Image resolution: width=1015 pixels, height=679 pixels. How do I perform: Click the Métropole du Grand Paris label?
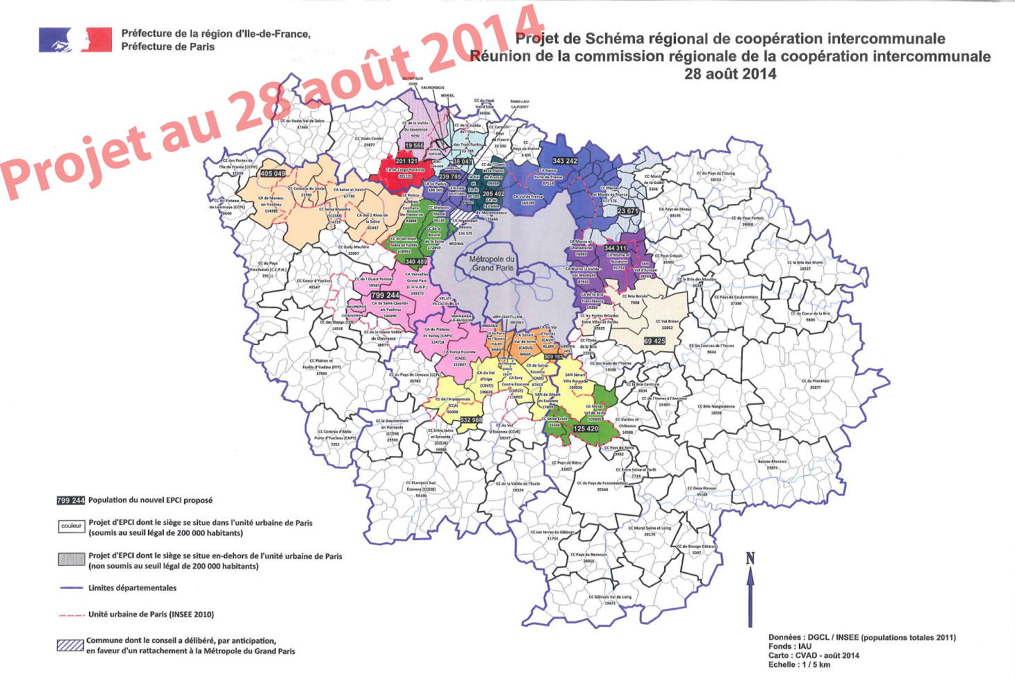click(492, 263)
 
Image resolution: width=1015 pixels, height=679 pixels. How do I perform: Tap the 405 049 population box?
click(272, 174)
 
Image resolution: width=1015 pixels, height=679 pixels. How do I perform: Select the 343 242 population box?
click(564, 161)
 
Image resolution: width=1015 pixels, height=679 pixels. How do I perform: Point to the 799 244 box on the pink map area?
click(385, 295)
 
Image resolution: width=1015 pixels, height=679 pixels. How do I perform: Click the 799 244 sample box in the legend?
click(71, 501)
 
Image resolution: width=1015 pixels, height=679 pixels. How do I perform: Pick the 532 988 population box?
click(471, 420)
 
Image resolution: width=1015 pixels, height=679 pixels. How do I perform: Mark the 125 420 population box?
click(586, 428)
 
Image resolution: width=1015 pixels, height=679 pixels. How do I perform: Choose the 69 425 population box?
click(654, 341)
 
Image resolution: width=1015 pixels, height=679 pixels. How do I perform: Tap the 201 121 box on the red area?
click(406, 161)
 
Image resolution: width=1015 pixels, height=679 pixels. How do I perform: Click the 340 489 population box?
click(415, 262)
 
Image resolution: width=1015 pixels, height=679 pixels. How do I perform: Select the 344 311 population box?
click(615, 248)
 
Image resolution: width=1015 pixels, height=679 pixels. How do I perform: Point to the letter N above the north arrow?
click(750, 558)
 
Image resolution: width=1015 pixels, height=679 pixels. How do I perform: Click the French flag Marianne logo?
click(75, 40)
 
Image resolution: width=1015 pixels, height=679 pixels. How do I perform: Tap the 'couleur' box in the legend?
click(71, 526)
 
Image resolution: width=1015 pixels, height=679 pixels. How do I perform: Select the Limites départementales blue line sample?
click(71, 588)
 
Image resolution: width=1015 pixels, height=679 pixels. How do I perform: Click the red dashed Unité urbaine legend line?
click(71, 614)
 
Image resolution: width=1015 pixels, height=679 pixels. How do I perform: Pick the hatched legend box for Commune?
click(71, 646)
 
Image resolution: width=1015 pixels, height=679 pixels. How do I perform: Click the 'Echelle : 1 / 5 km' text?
click(799, 664)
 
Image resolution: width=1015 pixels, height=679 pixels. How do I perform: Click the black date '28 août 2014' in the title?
click(730, 74)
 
